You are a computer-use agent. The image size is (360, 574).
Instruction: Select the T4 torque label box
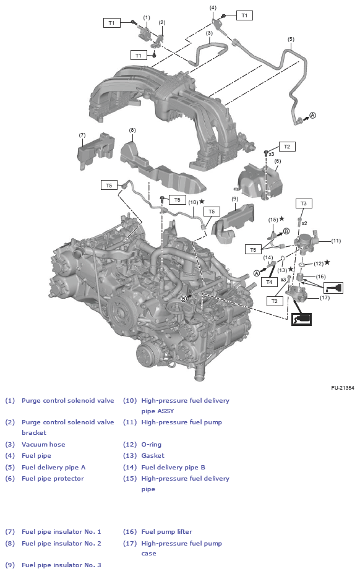coord(268,281)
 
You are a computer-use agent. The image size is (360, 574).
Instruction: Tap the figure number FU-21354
coord(342,388)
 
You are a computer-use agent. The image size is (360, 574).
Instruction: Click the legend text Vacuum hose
coord(43,444)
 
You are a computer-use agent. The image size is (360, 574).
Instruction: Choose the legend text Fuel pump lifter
coord(166,531)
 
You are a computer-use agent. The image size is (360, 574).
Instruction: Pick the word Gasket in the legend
coord(153,455)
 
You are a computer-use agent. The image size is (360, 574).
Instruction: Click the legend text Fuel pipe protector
coord(53,478)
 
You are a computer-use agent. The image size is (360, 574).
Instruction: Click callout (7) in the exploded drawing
coord(82,134)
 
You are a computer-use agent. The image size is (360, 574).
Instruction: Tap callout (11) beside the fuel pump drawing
coord(336,241)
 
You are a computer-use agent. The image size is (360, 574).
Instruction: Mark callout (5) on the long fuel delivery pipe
coord(291,39)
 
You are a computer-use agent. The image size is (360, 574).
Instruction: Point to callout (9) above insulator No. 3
coord(234,199)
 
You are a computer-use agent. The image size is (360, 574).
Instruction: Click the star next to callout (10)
coord(202,202)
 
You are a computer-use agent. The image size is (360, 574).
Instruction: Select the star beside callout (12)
coord(327,262)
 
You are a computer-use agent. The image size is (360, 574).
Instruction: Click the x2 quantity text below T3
coord(304,223)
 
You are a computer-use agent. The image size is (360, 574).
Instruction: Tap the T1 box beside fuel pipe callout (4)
coord(244,15)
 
